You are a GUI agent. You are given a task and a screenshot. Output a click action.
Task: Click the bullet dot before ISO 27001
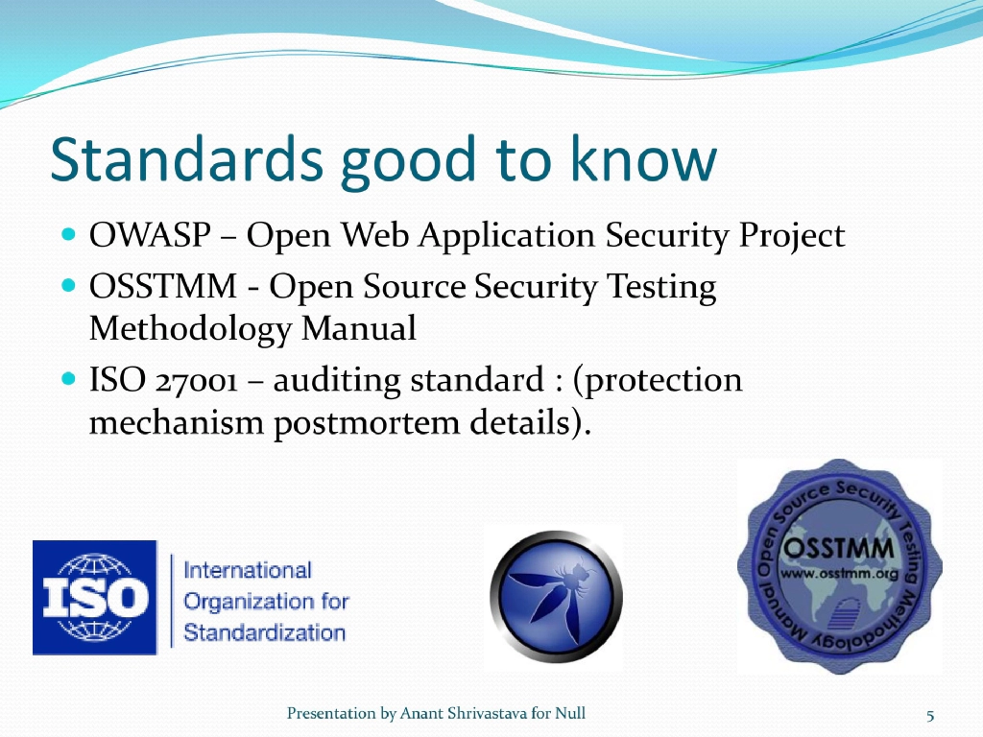[68, 380]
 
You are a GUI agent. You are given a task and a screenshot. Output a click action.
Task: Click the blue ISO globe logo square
[94, 597]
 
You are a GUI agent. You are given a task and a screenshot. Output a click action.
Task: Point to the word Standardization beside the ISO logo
[264, 633]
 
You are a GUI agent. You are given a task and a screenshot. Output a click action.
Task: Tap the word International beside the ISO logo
[248, 570]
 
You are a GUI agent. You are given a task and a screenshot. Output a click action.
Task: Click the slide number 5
[930, 715]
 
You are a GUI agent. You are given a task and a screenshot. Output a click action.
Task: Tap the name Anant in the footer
[421, 713]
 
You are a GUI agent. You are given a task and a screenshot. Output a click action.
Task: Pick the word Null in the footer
[569, 713]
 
